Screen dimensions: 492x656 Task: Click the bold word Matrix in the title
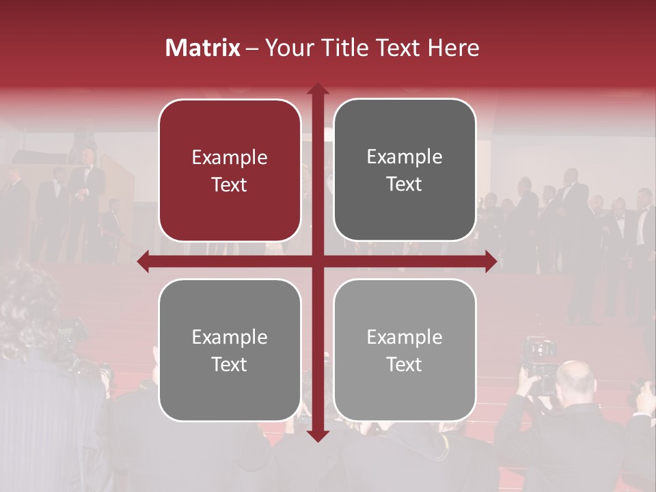click(203, 48)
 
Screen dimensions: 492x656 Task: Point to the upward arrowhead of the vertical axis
click(318, 90)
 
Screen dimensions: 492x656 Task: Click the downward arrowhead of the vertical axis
click(318, 435)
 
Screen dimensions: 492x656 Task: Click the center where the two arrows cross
click(318, 261)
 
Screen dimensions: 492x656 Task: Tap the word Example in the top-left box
click(230, 158)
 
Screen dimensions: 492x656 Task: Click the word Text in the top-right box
click(405, 184)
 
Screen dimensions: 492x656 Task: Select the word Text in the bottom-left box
click(230, 364)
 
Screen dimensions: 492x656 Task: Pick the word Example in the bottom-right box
click(405, 337)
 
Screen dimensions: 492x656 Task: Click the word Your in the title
click(286, 48)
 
